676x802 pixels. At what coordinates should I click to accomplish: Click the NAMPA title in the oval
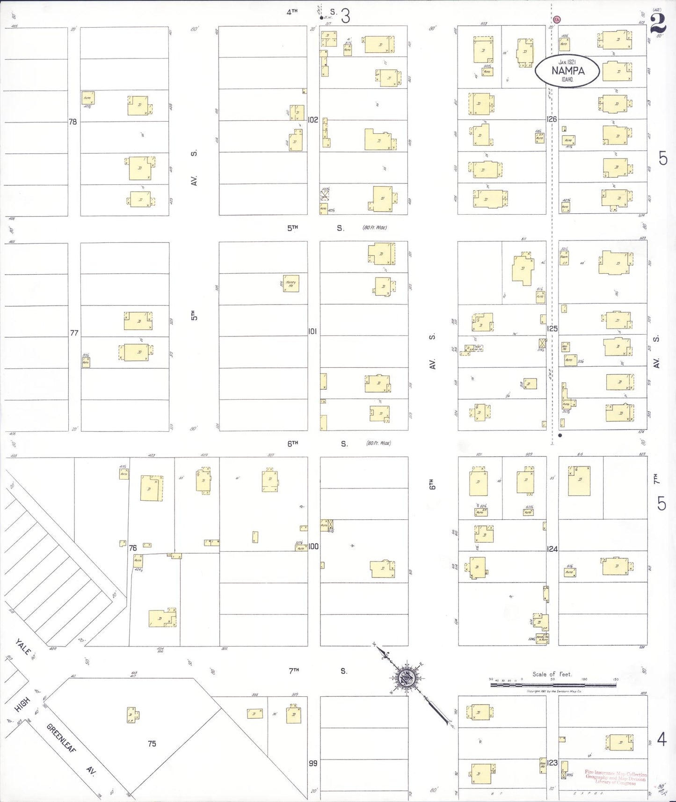coord(567,71)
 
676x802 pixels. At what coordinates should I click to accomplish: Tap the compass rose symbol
coord(407,676)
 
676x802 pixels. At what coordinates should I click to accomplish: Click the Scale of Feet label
coord(552,674)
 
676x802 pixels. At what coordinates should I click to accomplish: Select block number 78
coord(73,122)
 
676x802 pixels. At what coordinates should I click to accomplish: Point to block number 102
coord(313,120)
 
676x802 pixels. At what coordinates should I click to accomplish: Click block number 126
coord(552,119)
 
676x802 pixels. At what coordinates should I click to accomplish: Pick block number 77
coord(74,333)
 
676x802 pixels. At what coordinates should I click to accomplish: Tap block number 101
coord(313,331)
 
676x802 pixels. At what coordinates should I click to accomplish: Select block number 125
coord(552,328)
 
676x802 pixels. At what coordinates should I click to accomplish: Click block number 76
coord(133,548)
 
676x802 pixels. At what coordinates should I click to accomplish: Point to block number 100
coord(313,546)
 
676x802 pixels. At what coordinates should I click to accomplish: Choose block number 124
coord(552,549)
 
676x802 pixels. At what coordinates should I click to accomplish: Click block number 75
coord(152,744)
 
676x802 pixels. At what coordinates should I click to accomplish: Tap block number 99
coord(313,763)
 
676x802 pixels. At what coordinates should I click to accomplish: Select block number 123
coord(552,763)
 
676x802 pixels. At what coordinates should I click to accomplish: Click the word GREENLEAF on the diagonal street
coord(61,738)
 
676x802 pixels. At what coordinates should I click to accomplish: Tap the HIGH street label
coord(22,704)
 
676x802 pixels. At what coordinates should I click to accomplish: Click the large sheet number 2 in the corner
coord(657,23)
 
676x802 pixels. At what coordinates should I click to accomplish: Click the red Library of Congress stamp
coord(616,778)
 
